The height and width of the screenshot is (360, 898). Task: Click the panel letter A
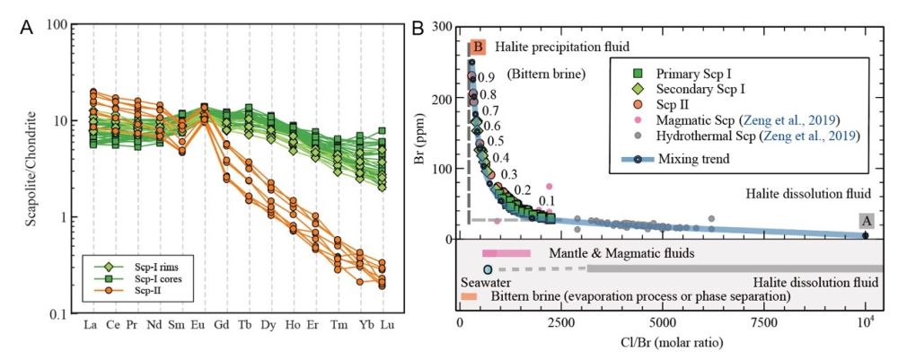click(x=26, y=28)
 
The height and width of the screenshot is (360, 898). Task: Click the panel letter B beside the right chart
click(x=418, y=28)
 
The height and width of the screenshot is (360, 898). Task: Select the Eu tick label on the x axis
click(x=204, y=323)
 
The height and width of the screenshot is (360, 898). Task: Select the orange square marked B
click(x=478, y=46)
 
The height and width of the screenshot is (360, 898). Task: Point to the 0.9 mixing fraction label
click(x=487, y=78)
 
